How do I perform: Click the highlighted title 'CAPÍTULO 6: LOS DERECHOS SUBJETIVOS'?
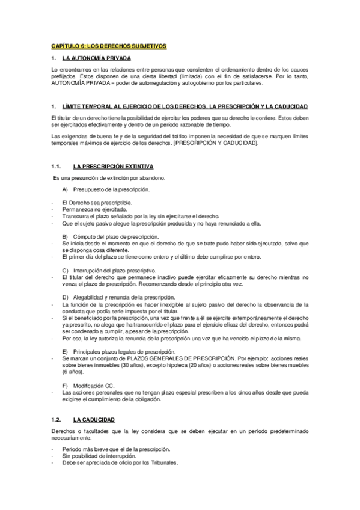coord(108,46)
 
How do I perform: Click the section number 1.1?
coord(57,165)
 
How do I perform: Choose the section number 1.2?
coord(57,419)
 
